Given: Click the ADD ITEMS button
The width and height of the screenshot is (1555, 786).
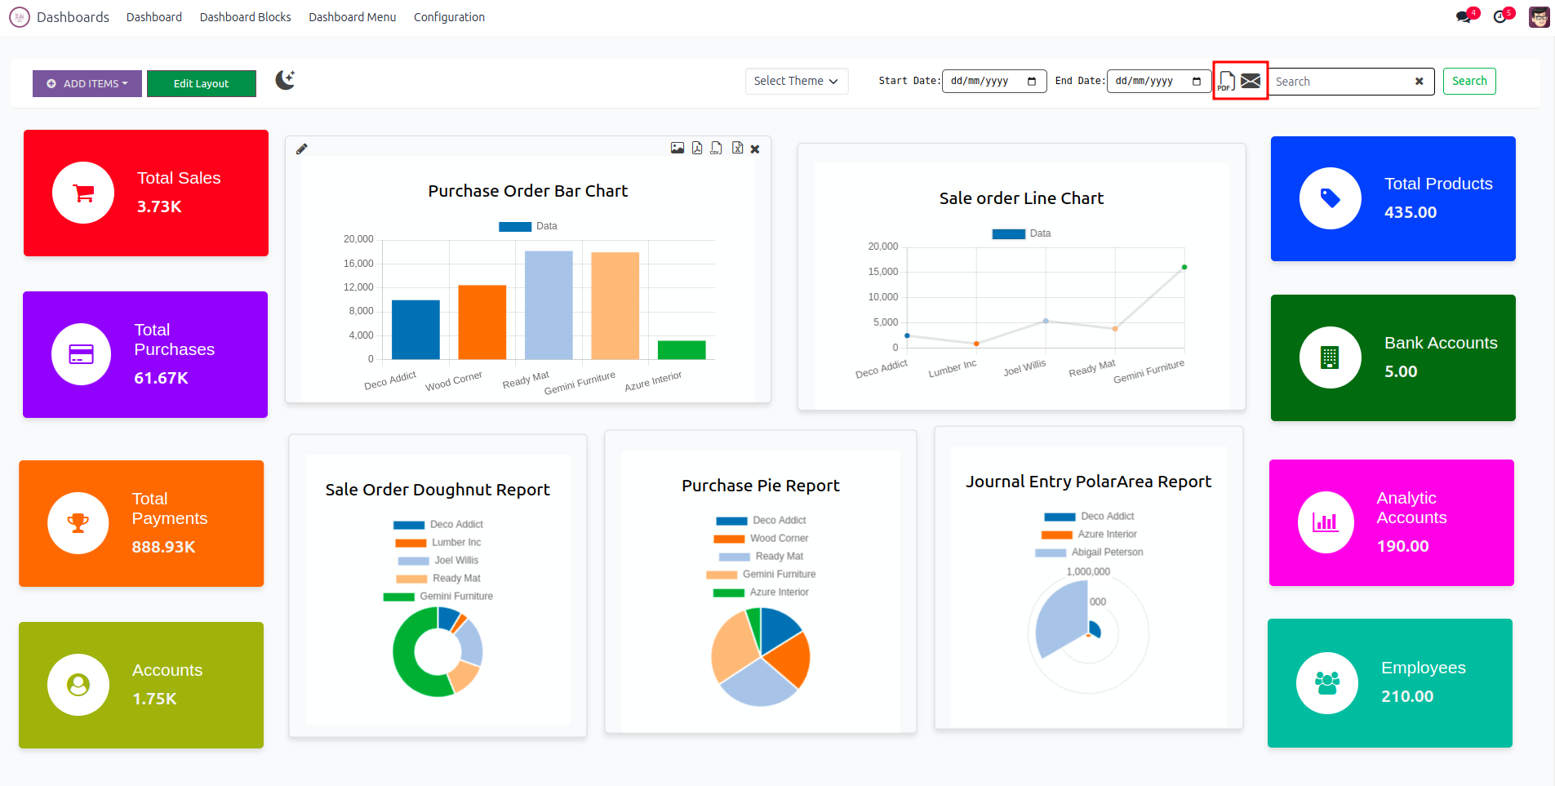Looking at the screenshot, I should click(x=87, y=83).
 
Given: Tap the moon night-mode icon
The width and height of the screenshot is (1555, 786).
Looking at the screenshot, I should click(x=285, y=80).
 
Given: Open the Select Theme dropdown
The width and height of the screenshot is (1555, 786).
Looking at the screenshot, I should click(x=796, y=81).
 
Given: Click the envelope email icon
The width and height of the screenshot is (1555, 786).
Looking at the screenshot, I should click(x=1251, y=81).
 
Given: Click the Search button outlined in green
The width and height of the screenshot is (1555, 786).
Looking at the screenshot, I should click(x=1468, y=81).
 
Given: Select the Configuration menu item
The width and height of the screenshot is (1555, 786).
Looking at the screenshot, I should click(x=449, y=17).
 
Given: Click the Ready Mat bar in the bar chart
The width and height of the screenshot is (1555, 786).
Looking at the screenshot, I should click(x=549, y=305).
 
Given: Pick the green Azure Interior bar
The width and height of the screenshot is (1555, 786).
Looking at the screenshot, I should click(x=682, y=349).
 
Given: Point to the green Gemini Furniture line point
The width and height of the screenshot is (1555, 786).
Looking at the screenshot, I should click(x=1184, y=267).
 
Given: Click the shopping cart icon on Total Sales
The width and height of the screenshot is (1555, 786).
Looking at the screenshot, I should click(x=83, y=193).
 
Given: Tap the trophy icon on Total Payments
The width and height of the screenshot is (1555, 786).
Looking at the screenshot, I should click(x=78, y=523).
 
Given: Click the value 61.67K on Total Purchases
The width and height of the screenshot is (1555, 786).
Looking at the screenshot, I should click(x=161, y=378).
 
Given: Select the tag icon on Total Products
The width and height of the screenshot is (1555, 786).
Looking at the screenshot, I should click(x=1331, y=198).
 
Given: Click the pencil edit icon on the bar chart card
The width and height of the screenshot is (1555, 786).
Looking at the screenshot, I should click(x=302, y=149).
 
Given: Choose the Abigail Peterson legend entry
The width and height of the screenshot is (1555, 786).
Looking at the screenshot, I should click(x=1106, y=553).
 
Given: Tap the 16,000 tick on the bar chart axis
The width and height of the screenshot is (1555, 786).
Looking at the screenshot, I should click(x=358, y=264).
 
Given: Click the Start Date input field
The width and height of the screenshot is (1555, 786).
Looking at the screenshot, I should click(x=993, y=81).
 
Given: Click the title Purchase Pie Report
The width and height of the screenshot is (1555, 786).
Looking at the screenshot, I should click(x=760, y=486).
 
